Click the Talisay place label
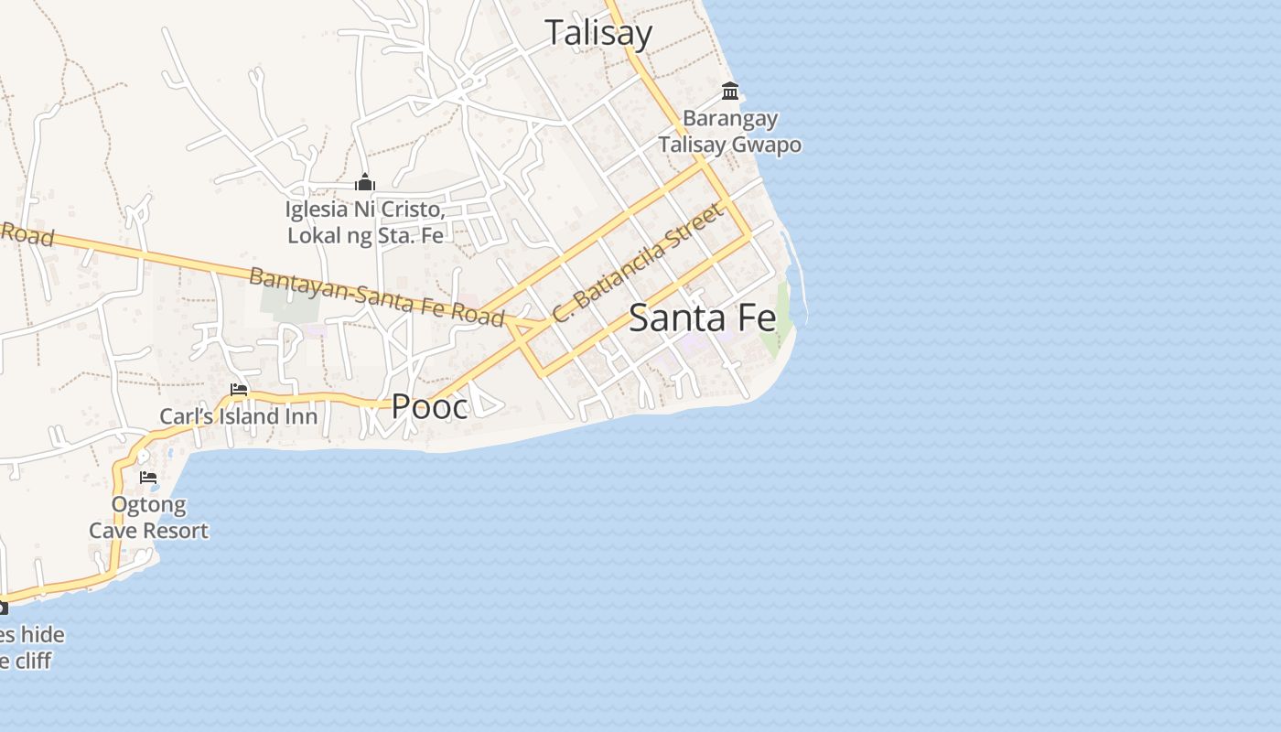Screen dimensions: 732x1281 [598, 34]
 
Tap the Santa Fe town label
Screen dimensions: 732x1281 [703, 318]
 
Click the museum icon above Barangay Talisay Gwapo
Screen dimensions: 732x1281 [730, 91]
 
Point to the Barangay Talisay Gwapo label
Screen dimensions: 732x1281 [730, 132]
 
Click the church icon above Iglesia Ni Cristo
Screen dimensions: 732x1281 [365, 183]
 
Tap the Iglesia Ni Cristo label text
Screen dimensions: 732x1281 [365, 222]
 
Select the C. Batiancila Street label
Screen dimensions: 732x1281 [639, 263]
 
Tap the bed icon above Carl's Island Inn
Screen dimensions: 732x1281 [239, 390]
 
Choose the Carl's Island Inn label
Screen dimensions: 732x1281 [239, 417]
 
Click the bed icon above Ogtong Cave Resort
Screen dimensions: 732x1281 [148, 478]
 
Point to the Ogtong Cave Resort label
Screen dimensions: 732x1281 [148, 518]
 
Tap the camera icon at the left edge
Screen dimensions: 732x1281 [3, 608]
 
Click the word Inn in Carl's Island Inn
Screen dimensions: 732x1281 [301, 417]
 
